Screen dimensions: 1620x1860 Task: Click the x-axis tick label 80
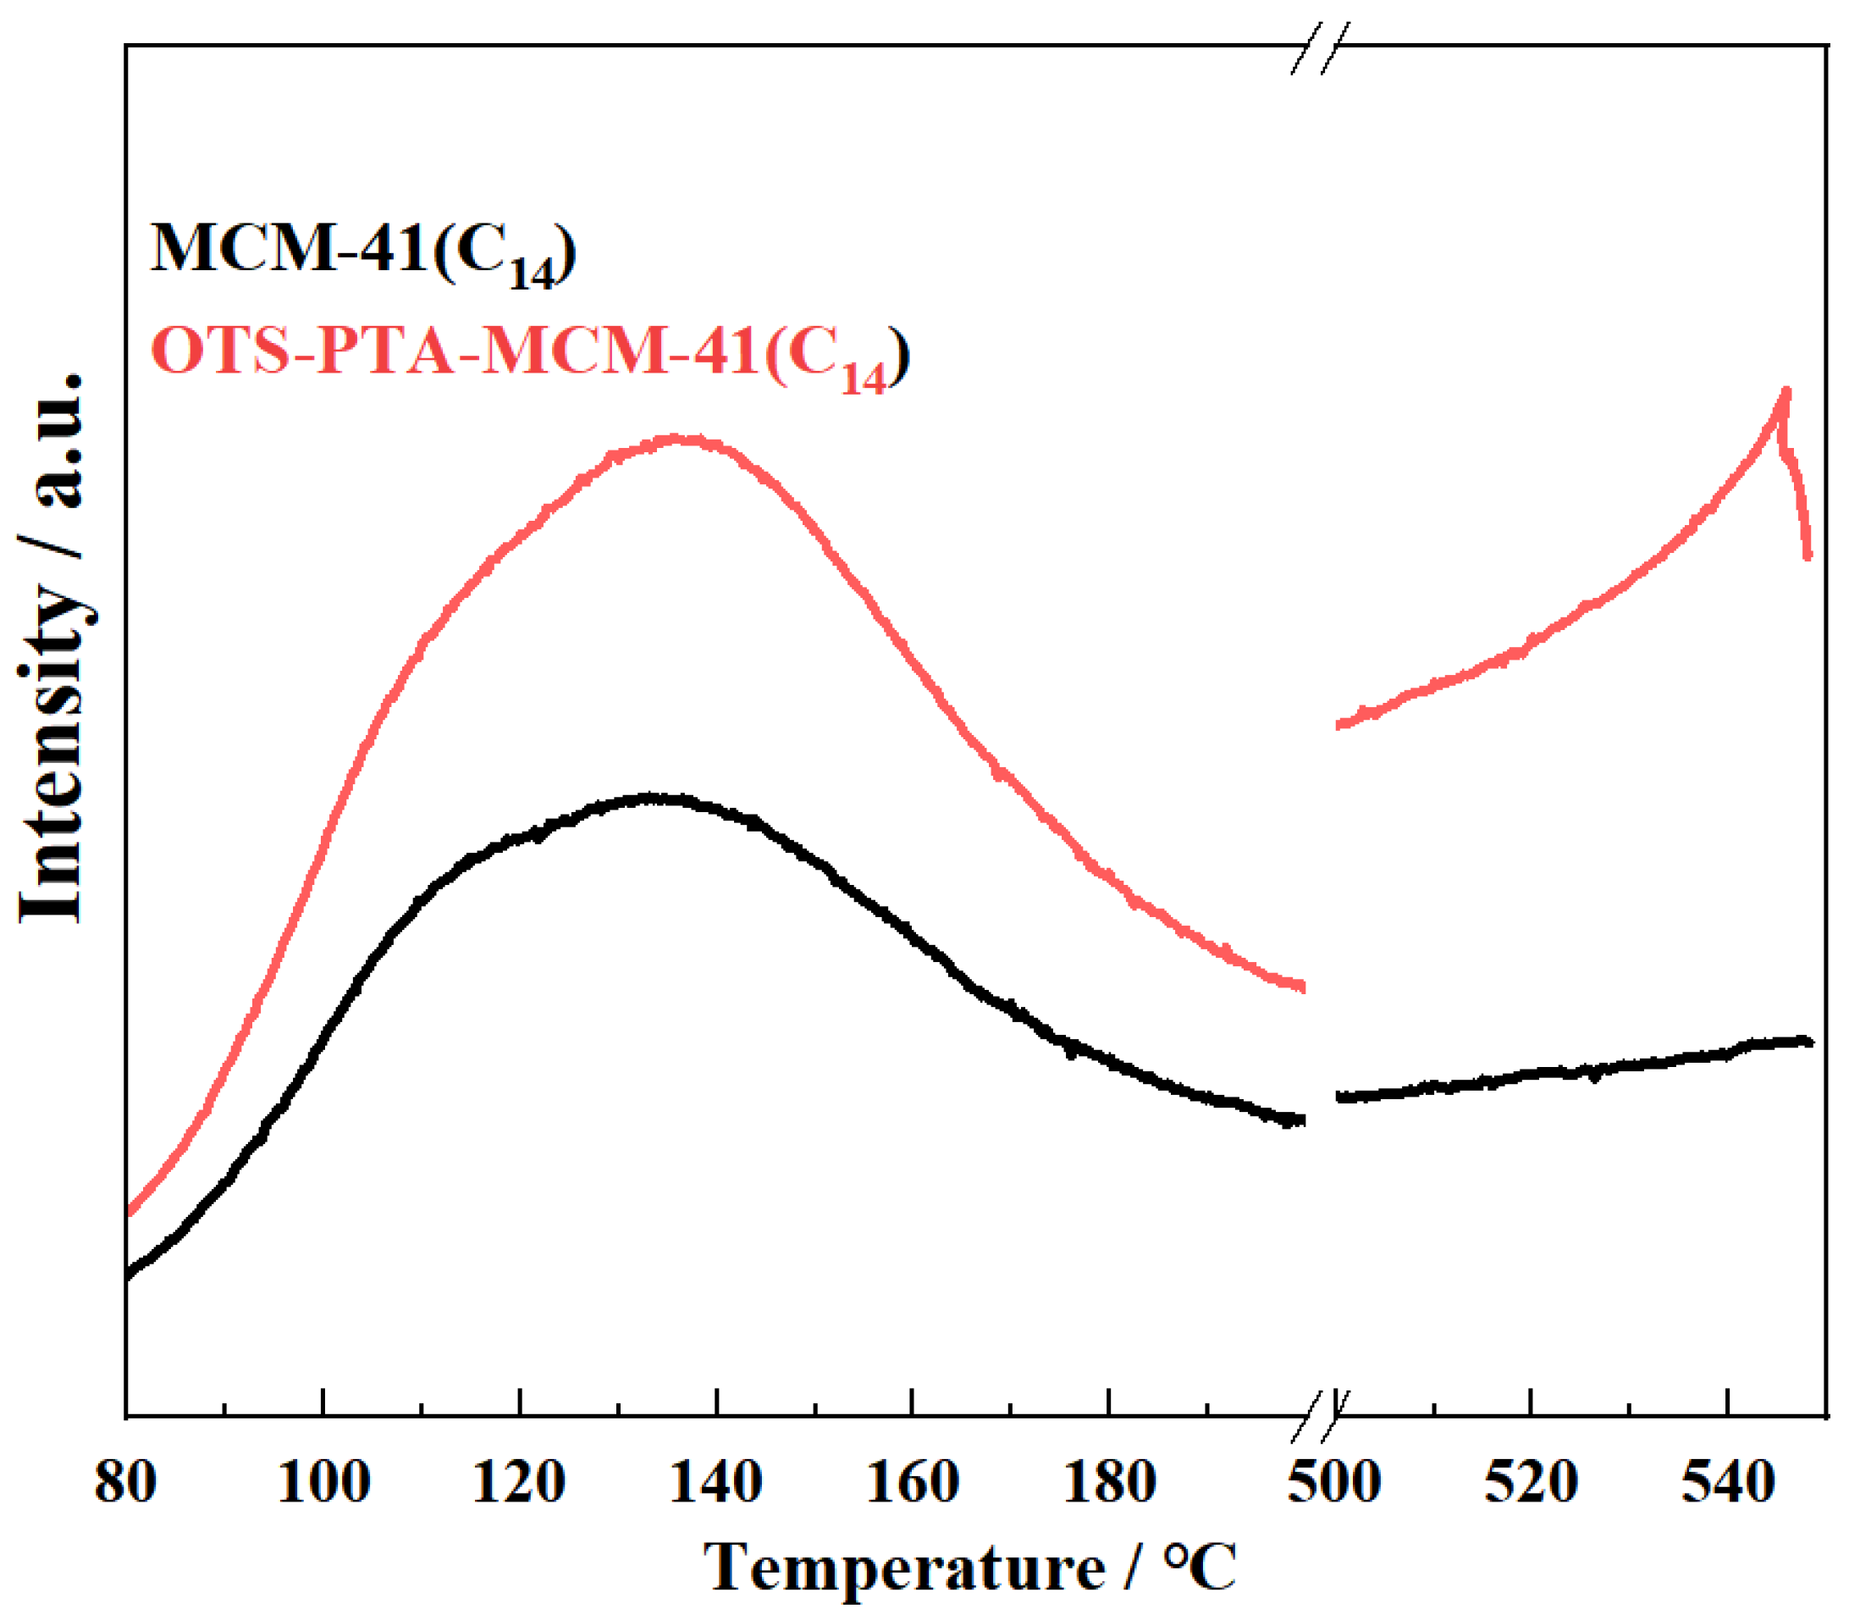click(x=125, y=1485)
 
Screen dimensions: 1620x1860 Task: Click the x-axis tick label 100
click(x=323, y=1485)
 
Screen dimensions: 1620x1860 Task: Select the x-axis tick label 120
click(x=519, y=1485)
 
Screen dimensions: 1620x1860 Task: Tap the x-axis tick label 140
click(x=715, y=1485)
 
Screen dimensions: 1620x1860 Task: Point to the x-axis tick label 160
click(x=912, y=1485)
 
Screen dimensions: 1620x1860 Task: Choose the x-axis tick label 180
click(x=1109, y=1485)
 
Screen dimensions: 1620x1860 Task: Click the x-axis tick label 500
click(x=1334, y=1485)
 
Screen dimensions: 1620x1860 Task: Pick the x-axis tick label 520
click(x=1530, y=1485)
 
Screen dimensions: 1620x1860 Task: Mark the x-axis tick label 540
click(x=1727, y=1485)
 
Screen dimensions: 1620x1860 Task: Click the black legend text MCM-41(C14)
click(x=362, y=251)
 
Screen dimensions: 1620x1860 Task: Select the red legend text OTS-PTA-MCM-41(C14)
click(x=529, y=354)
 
